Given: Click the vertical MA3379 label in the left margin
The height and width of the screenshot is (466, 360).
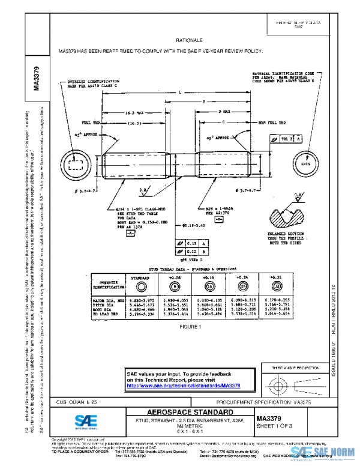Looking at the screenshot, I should (37, 77).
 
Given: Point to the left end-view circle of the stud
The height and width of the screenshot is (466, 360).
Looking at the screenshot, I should (76, 163).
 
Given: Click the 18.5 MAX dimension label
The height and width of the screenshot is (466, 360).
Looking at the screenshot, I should (125, 112).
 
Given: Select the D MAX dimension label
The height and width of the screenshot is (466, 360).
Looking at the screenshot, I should (224, 112).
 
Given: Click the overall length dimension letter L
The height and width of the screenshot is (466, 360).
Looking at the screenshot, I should (180, 92).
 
